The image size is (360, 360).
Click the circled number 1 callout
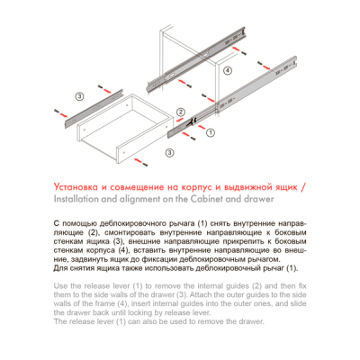pyautogui.click(x=211, y=132)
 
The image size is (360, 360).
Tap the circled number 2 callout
pyautogui.click(x=181, y=112)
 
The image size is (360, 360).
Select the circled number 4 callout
pyautogui.click(x=228, y=71)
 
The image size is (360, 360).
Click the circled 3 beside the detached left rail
pyautogui.click(x=79, y=96)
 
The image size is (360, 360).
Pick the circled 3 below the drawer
pyautogui.click(x=170, y=153)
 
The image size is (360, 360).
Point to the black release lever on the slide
pyautogui.click(x=191, y=121)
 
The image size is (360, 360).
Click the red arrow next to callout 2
pyautogui.click(x=180, y=121)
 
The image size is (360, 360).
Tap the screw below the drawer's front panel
pyautogui.click(x=145, y=164)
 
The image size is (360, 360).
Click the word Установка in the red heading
pyautogui.click(x=76, y=187)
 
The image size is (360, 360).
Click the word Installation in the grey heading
pyautogui.click(x=76, y=199)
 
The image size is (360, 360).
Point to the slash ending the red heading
pyautogui.click(x=303, y=187)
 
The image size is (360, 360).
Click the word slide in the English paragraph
pyautogui.click(x=299, y=303)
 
